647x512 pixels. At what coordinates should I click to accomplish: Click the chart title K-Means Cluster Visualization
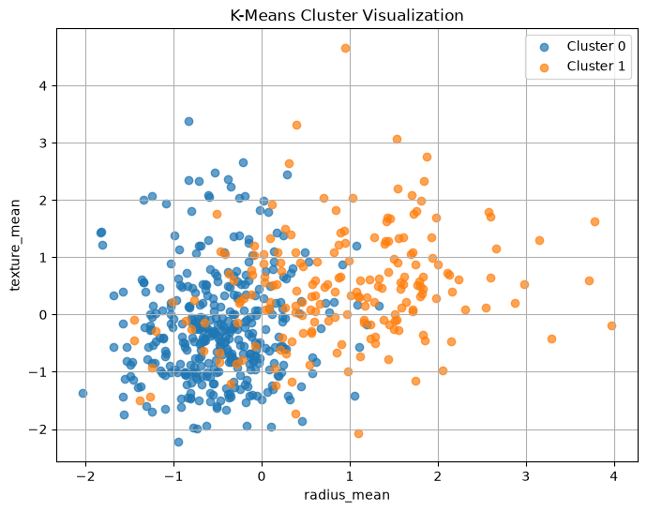point(347,15)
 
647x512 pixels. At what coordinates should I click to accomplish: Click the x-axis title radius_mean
point(347,495)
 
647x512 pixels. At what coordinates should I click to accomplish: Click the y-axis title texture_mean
point(15,245)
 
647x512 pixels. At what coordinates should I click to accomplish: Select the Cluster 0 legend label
point(595,46)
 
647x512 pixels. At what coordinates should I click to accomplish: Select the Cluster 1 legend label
point(595,66)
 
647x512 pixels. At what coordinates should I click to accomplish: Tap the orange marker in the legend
point(544,68)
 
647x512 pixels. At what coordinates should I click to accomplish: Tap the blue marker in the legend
point(544,48)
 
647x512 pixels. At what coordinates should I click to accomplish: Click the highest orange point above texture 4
point(345,48)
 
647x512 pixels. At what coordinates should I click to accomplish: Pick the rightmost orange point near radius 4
point(611,325)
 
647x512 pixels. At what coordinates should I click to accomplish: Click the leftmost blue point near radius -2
point(83,393)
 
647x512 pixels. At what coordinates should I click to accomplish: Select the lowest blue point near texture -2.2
point(179,442)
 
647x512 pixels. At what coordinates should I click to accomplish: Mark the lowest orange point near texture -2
point(358,433)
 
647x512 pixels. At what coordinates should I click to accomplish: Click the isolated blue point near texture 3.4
point(188,121)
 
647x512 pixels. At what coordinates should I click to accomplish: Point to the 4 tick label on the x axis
point(614,476)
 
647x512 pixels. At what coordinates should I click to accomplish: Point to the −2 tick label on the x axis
point(85,476)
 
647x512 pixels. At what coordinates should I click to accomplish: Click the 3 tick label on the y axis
point(43,143)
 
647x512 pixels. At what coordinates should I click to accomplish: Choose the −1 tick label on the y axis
point(38,372)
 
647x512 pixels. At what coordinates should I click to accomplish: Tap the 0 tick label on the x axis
point(262,476)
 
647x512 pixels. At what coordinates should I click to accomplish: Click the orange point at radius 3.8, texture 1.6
point(594,221)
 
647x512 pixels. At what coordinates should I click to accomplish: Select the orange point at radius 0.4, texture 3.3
point(296,125)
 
